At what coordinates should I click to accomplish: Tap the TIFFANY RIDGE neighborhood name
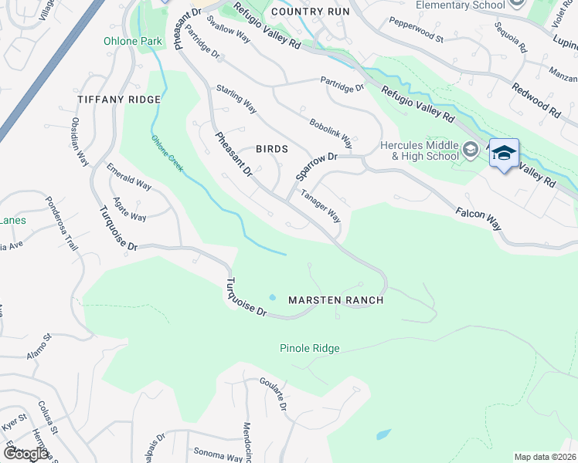pos(119,100)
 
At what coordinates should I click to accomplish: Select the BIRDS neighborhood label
pos(272,149)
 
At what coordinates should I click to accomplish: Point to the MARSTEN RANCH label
pos(336,299)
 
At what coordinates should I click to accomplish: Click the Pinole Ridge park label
pos(309,349)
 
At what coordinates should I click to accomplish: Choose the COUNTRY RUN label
pos(311,12)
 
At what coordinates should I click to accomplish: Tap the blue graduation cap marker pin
pos(504,154)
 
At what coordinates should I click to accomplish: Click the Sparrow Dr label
pos(316,166)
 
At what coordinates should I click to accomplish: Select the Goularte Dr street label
pos(274,394)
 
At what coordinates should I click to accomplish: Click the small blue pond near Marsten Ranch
pos(272,297)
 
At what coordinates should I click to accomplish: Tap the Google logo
pos(25,454)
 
